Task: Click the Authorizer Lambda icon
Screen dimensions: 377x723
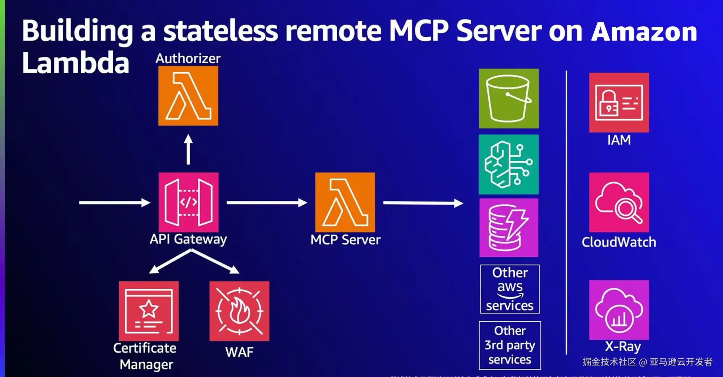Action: point(188,96)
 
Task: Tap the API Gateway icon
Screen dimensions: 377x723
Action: point(188,202)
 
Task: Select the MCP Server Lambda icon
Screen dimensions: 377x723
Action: point(345,202)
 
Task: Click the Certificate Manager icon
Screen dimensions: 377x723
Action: point(149,311)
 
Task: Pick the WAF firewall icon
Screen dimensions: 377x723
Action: point(239,311)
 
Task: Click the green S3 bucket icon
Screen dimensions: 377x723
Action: point(509,98)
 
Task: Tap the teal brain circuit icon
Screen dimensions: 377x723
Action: point(509,164)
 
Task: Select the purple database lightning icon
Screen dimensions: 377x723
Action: point(509,228)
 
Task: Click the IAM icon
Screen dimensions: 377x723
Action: point(619,103)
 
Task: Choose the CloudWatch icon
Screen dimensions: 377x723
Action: point(619,202)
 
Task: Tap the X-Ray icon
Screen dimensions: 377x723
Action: point(619,310)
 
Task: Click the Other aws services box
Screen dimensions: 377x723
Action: point(510,289)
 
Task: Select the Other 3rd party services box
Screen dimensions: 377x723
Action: point(510,345)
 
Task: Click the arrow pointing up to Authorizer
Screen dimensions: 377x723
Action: point(188,150)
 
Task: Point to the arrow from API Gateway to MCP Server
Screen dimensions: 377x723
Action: point(267,203)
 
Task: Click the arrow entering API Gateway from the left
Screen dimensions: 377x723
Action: point(114,203)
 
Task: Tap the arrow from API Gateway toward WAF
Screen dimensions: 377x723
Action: point(215,261)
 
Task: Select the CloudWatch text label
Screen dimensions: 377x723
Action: point(619,242)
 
